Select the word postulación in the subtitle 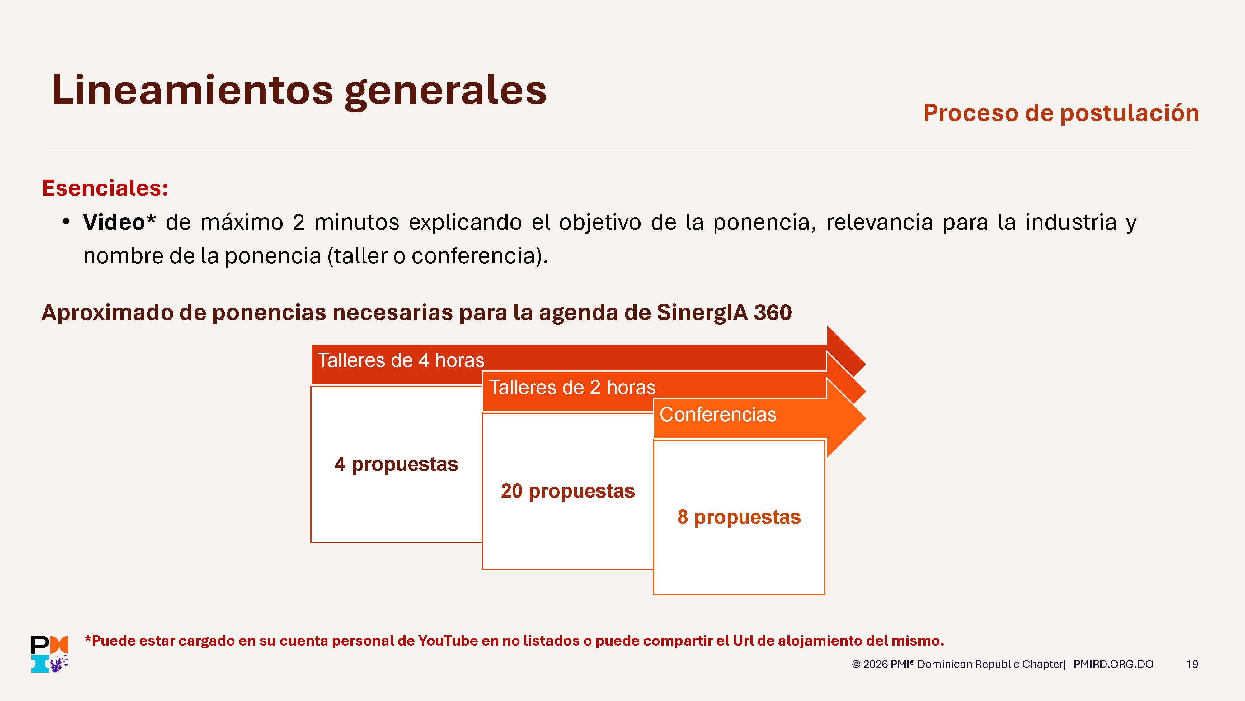[1130, 113]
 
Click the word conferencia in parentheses [476, 255]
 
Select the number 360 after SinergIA [772, 312]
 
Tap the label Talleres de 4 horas [401, 360]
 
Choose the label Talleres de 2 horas [572, 388]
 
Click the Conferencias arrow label [718, 415]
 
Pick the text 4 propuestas [396, 465]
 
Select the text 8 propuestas [739, 517]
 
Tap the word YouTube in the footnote [448, 641]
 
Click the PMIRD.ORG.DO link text [1113, 664]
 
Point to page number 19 [1192, 664]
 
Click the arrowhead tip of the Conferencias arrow [866, 418]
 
